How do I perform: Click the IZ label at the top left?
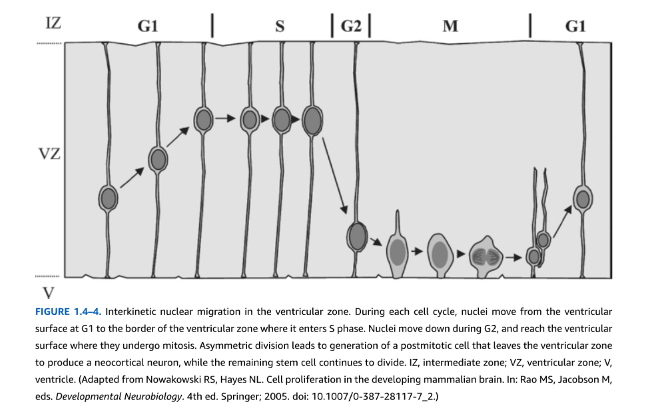coord(53,23)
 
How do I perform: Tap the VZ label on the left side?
coord(49,154)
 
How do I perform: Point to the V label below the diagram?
coord(49,293)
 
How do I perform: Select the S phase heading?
coord(280,27)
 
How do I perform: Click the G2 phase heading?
coord(351,26)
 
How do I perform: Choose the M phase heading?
coord(450,27)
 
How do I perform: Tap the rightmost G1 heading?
coord(575,27)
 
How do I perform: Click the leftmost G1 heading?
coord(147,26)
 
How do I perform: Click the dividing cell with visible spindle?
coord(487,257)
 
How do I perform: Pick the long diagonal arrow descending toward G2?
coord(334,176)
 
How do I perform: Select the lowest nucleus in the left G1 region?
coord(109,198)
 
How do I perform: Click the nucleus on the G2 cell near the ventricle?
coord(357,237)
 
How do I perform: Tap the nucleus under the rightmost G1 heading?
coord(583,199)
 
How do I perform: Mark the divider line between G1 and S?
coord(212,25)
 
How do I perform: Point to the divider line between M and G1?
coord(530,25)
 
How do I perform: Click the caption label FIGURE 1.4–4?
coord(68,311)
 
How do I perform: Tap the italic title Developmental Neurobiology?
coord(119,396)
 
